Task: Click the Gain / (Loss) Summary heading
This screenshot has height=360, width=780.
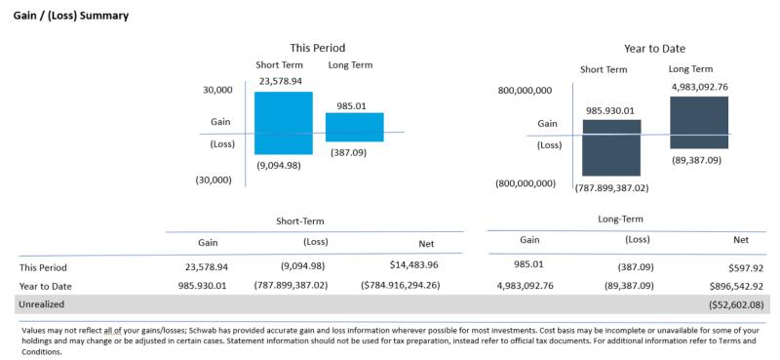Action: (x=70, y=17)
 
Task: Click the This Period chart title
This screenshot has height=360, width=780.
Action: (x=317, y=48)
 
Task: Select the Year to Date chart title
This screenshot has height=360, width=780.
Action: (x=654, y=48)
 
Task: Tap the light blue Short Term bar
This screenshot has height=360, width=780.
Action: (x=283, y=123)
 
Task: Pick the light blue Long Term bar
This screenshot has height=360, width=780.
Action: (x=354, y=128)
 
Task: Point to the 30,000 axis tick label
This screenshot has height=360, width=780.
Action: (x=216, y=90)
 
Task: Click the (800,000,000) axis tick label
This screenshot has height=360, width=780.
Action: (x=525, y=183)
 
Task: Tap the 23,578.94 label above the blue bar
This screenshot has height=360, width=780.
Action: (x=280, y=82)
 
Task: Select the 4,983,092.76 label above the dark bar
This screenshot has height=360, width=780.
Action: (x=699, y=87)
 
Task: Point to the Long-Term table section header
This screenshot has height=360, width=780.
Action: (x=620, y=220)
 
